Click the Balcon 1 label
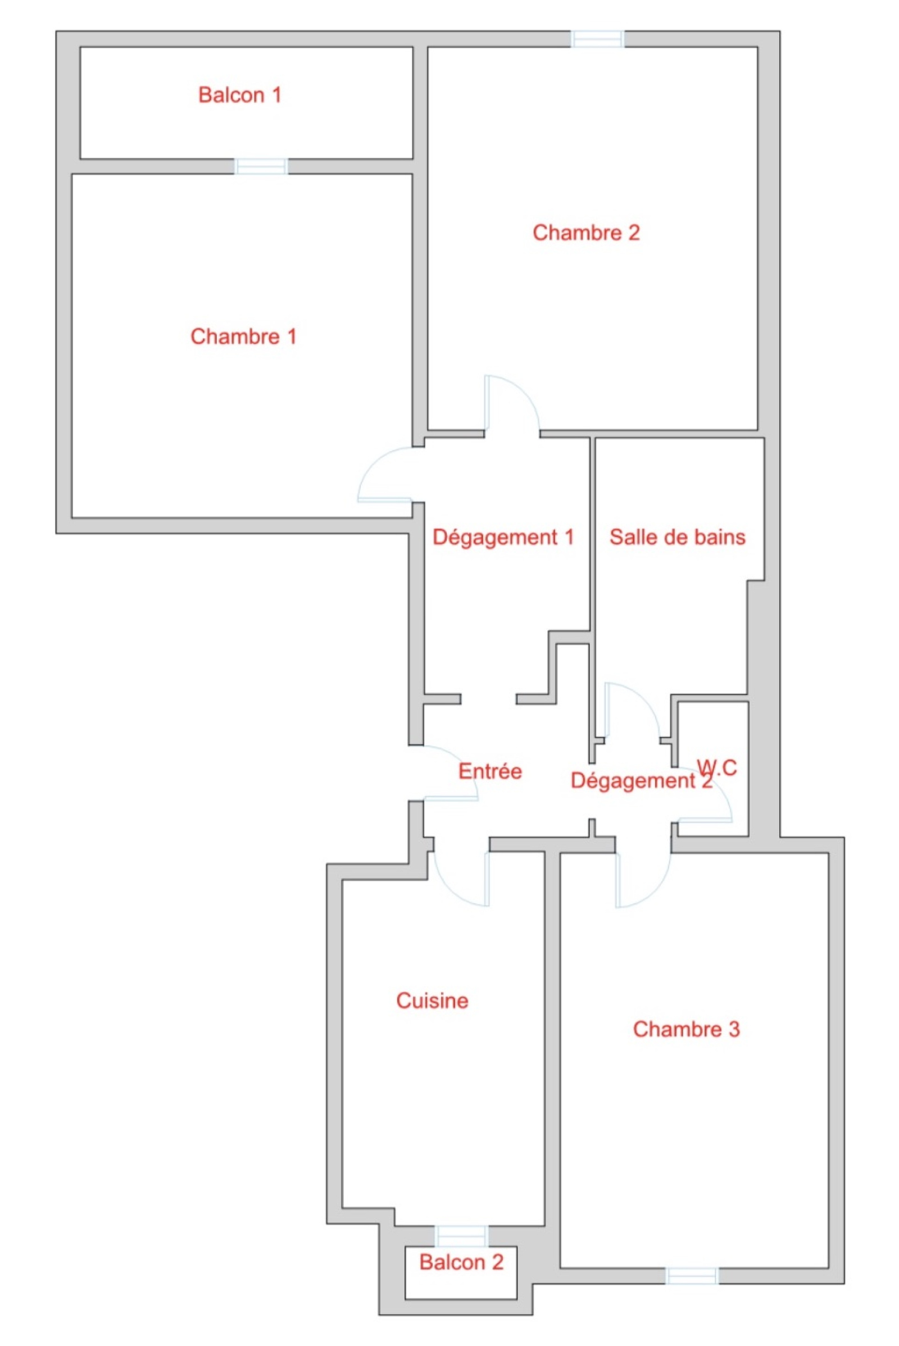tap(240, 95)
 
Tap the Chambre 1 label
tap(244, 336)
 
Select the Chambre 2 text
tap(586, 233)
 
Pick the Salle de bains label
tap(677, 537)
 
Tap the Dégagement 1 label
tap(503, 537)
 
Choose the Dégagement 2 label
tap(642, 781)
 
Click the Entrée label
tap(490, 772)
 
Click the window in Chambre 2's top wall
tap(597, 39)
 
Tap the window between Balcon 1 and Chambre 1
tap(261, 166)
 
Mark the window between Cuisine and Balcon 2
tap(461, 1236)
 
